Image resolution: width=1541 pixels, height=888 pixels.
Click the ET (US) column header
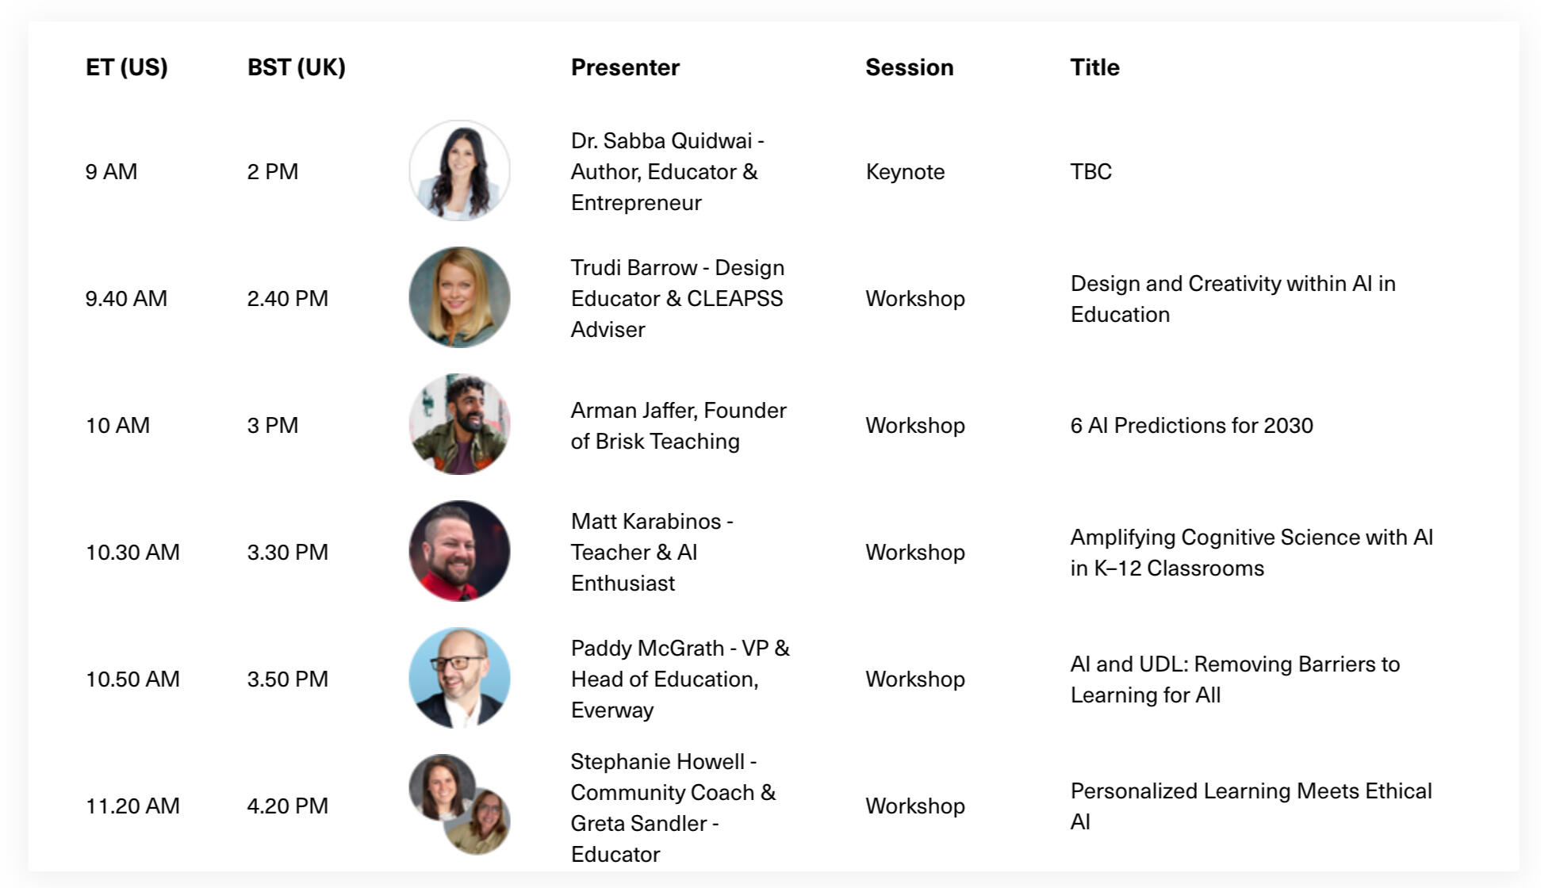127,67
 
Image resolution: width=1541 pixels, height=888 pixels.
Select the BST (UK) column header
297,67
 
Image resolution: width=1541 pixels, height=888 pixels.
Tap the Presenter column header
625,67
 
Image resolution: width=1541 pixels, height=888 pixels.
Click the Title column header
1094,67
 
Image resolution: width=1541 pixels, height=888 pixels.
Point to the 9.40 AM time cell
126,299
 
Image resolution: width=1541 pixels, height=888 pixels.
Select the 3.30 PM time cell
287,553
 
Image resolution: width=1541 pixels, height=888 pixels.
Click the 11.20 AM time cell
132,806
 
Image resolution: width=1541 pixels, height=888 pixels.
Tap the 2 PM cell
273,172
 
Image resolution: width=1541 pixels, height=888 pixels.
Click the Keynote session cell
905,172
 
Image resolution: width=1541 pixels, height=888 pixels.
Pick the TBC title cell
1091,172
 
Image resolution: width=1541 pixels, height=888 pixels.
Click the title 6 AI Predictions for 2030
1191,426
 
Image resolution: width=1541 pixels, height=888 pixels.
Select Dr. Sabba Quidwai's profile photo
459,170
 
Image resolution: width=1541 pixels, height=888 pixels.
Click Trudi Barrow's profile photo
459,297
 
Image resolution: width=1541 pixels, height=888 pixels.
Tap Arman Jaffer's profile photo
459,424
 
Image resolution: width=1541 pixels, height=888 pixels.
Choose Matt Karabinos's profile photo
459,551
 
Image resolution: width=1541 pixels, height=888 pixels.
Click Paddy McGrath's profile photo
459,678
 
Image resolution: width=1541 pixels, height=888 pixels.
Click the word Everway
612,710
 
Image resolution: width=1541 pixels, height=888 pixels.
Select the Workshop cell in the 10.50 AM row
915,679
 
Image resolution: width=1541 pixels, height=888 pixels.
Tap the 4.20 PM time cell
287,806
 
